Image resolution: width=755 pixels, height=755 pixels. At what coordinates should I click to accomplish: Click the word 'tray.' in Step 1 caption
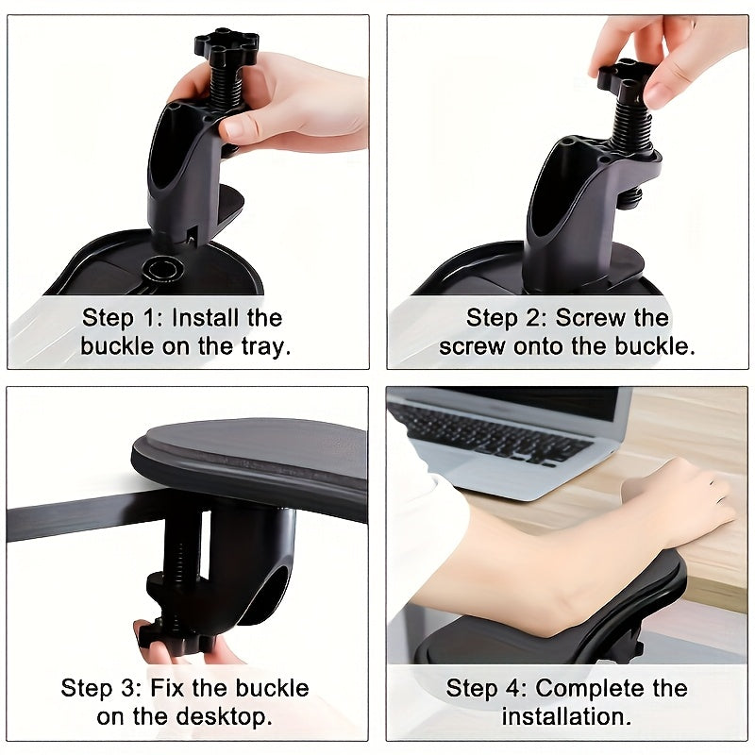coord(262,345)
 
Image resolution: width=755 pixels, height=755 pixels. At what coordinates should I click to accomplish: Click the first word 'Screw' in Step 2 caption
coord(590,317)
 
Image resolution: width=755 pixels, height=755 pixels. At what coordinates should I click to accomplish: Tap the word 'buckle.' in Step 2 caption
coord(651,345)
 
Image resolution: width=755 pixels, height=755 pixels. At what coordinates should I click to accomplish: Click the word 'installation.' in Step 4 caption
coord(566,715)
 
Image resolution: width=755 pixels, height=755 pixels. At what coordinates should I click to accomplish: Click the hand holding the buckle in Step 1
coord(302,104)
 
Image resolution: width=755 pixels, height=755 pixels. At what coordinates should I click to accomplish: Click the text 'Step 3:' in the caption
coord(95,687)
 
